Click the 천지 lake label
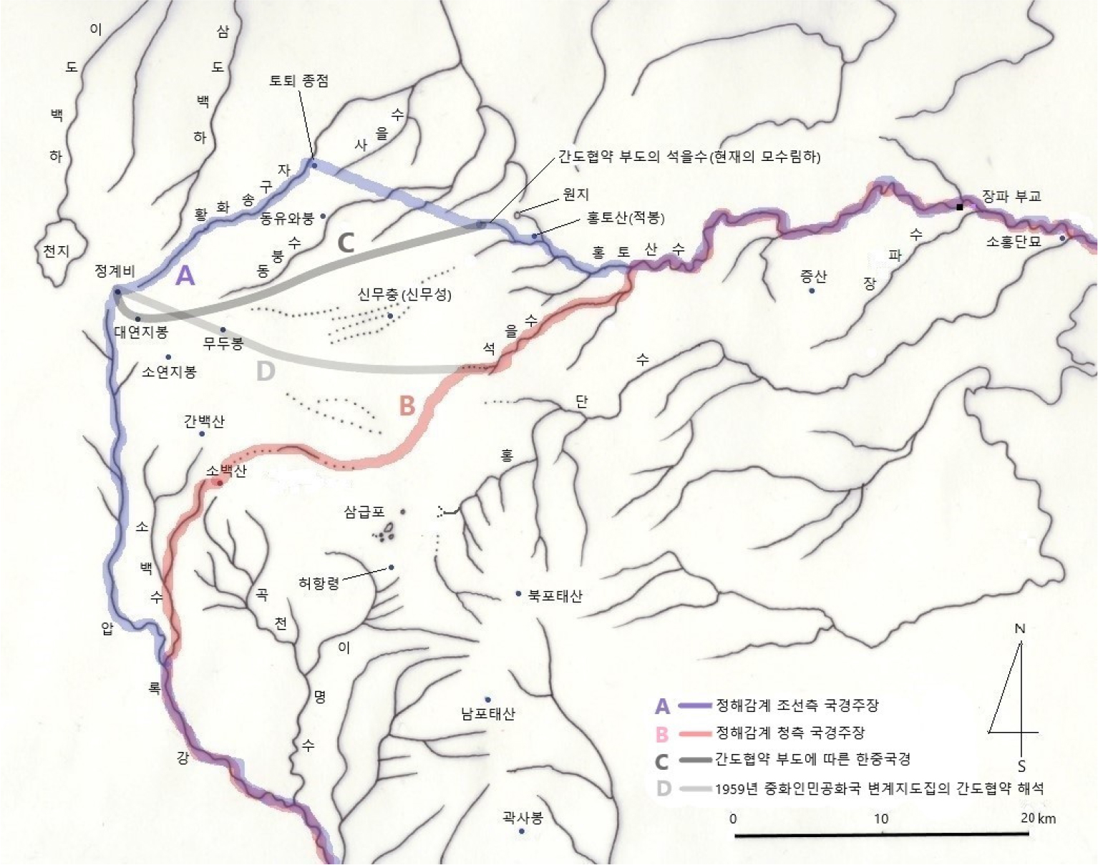[56, 251]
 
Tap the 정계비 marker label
[115, 272]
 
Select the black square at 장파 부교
[960, 207]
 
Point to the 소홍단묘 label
[1014, 242]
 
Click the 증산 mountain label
[813, 276]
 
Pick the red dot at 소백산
[220, 483]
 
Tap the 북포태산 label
[555, 595]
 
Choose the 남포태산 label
[488, 713]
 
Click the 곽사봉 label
[523, 817]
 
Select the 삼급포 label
[364, 512]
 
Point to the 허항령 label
[319, 583]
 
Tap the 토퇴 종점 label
[298, 81]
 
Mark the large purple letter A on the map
[185, 275]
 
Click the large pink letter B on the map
[407, 406]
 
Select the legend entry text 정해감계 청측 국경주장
[790, 733]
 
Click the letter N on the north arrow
[1020, 629]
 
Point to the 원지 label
[575, 195]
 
